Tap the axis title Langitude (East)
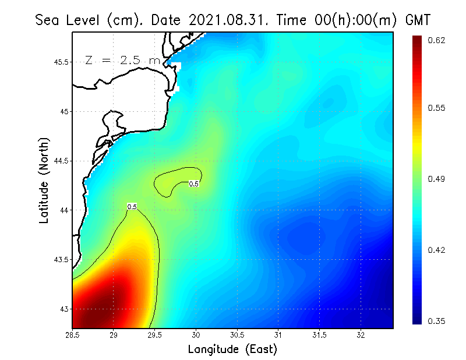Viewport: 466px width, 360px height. click(x=232, y=350)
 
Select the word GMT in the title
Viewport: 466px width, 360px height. click(x=417, y=20)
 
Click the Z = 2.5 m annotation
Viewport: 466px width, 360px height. click(x=122, y=61)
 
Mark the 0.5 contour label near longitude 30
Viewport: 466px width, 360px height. click(x=194, y=184)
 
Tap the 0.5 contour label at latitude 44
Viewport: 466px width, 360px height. click(x=132, y=206)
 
